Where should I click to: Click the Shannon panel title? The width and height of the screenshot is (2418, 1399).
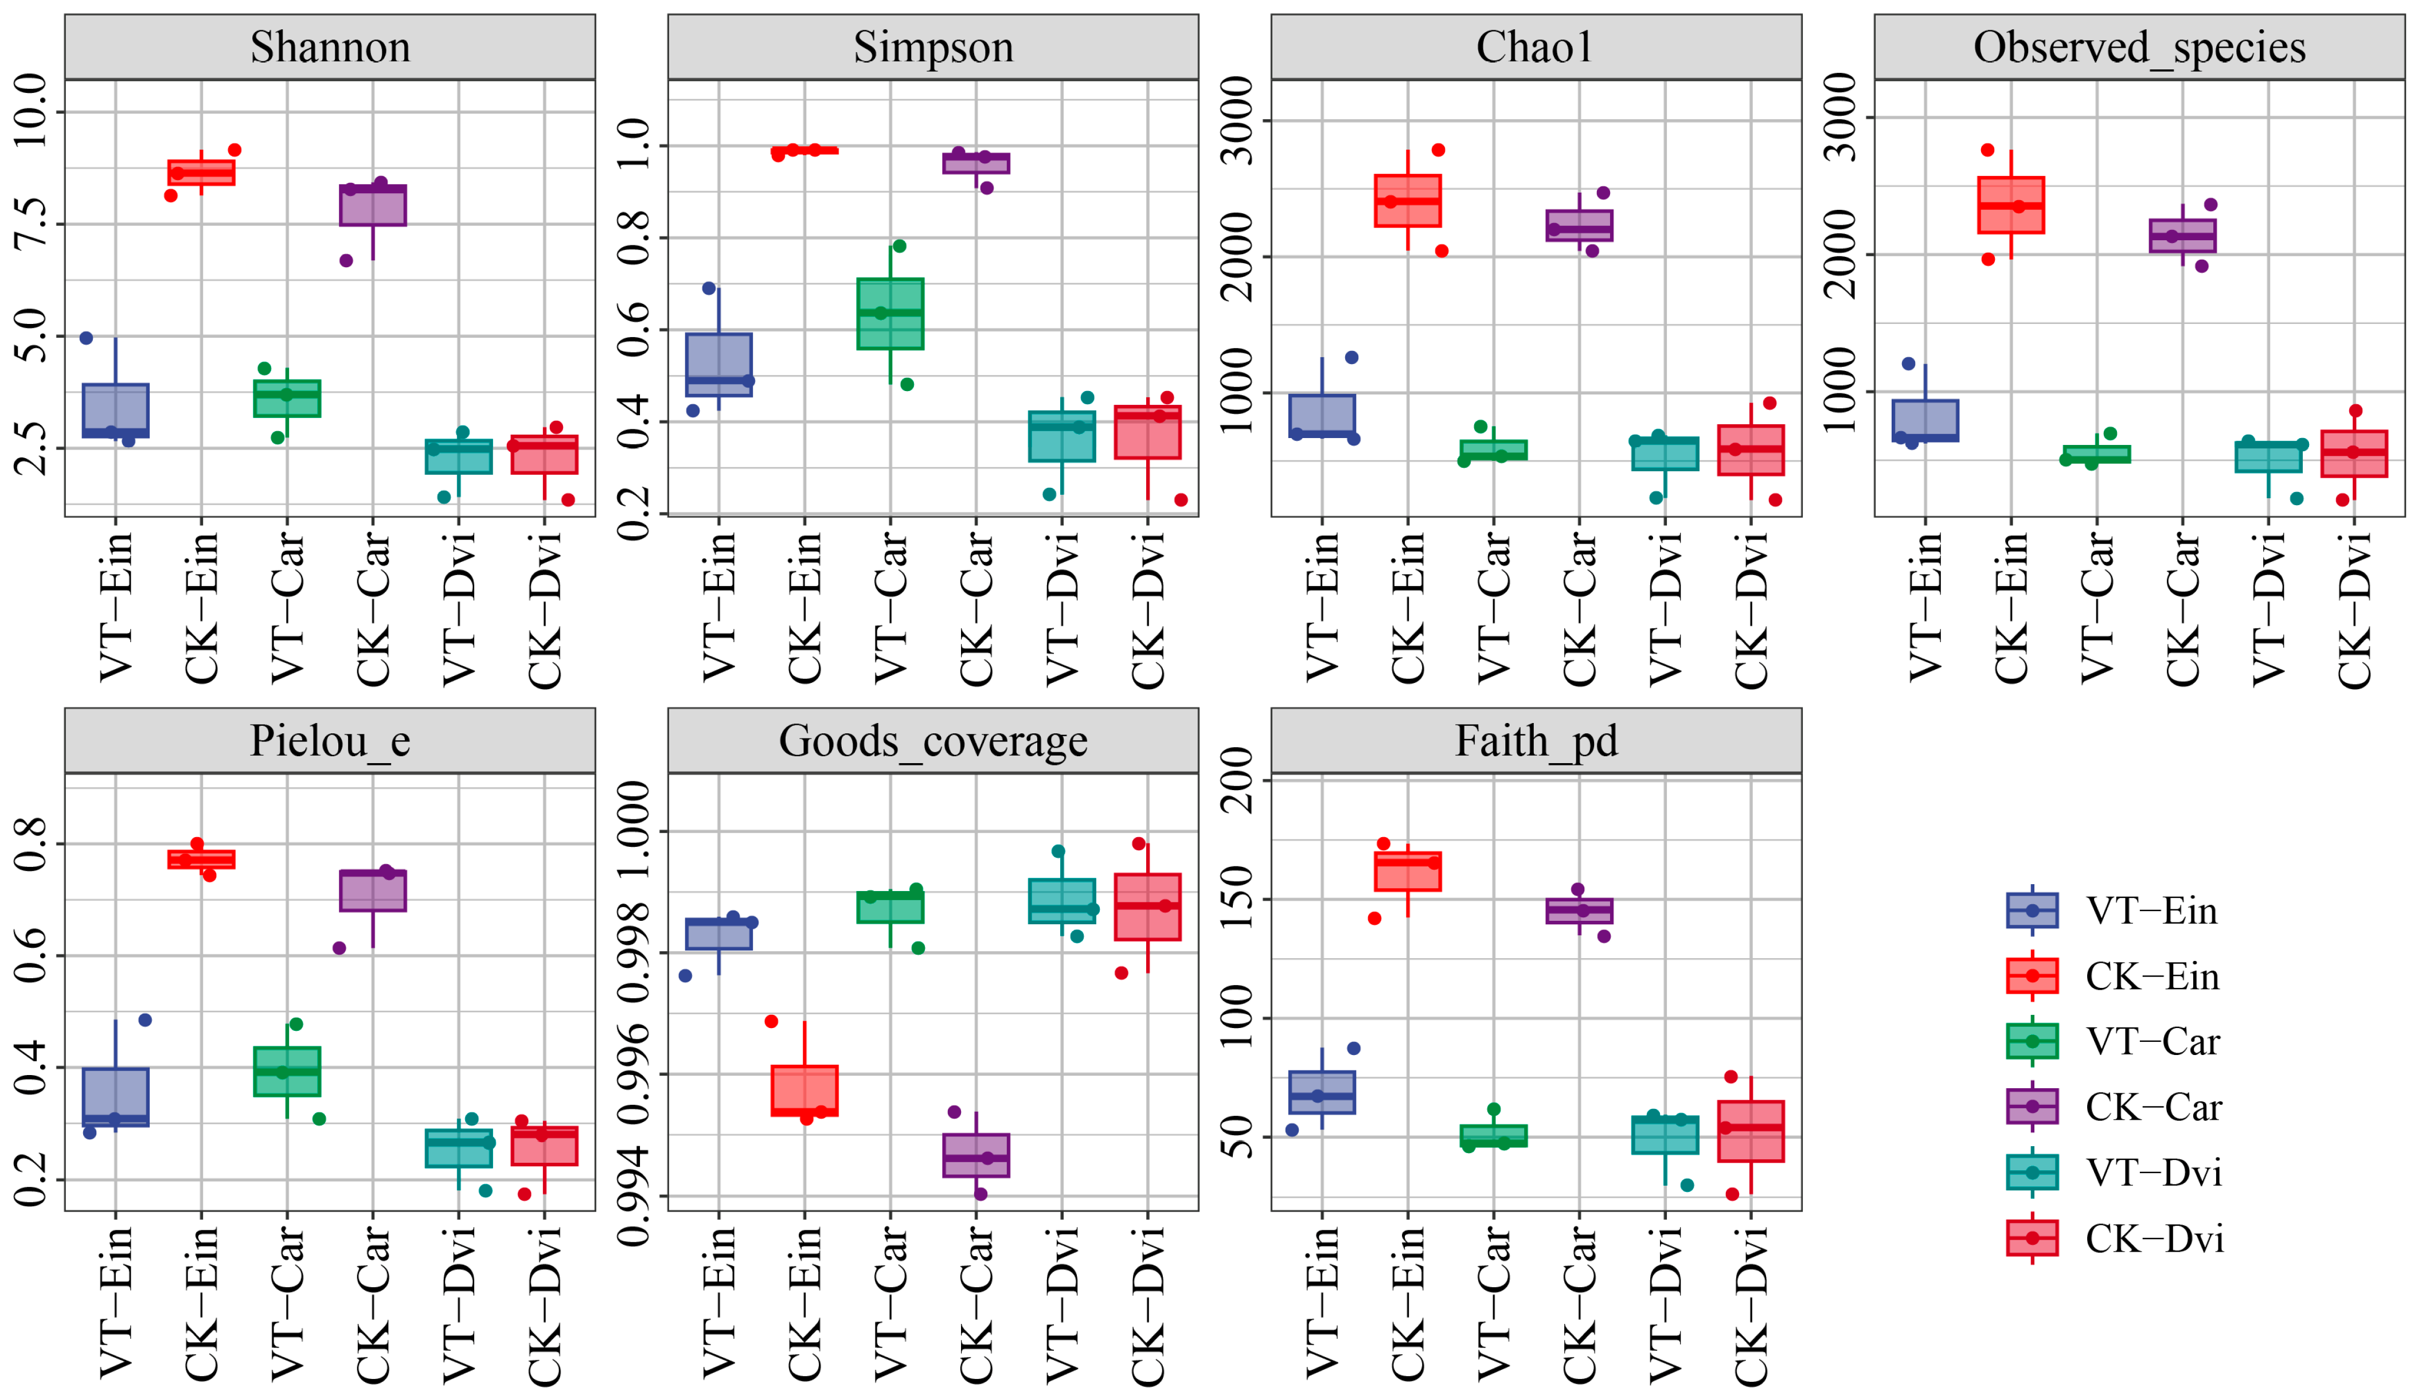330,47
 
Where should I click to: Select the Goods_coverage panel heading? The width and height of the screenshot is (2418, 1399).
933,741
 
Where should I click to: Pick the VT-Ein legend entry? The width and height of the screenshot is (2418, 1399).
2151,910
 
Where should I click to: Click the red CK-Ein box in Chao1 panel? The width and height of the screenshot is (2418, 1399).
1408,201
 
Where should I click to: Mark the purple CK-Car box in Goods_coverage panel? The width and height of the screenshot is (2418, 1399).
976,1155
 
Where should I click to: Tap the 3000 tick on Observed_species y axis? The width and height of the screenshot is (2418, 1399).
1841,117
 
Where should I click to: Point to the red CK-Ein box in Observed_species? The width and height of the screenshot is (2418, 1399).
2010,205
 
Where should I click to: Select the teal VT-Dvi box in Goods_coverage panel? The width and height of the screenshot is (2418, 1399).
1061,901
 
